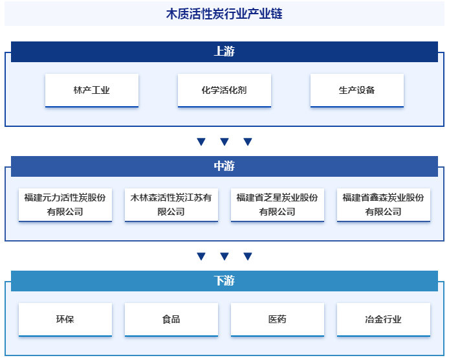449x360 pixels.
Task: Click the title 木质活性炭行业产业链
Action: tap(224, 14)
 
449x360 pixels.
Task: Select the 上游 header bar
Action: tap(224, 52)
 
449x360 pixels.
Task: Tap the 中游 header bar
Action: tap(224, 166)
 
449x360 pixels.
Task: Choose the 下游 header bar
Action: tap(224, 281)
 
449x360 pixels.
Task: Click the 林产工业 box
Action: tap(92, 90)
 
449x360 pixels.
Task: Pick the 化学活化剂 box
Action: tap(224, 90)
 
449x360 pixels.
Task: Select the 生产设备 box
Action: tap(356, 90)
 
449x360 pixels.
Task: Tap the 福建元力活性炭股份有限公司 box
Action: tap(65, 205)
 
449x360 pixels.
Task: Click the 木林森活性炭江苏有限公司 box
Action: tap(171, 205)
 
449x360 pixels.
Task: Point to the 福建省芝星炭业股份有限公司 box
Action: tap(277, 205)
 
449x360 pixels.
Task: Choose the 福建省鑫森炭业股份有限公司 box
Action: tap(383, 205)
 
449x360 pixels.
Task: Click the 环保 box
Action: tap(65, 319)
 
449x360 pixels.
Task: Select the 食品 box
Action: tap(171, 319)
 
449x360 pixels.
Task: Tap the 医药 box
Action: tap(277, 319)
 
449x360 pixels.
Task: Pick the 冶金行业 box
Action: tap(383, 319)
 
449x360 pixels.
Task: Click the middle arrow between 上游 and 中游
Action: tap(224, 142)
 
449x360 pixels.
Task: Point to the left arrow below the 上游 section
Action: tap(201, 142)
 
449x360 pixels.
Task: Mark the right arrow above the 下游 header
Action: tap(247, 256)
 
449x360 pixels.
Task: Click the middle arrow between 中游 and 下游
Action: tap(224, 256)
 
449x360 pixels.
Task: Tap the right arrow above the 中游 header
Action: tap(247, 142)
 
